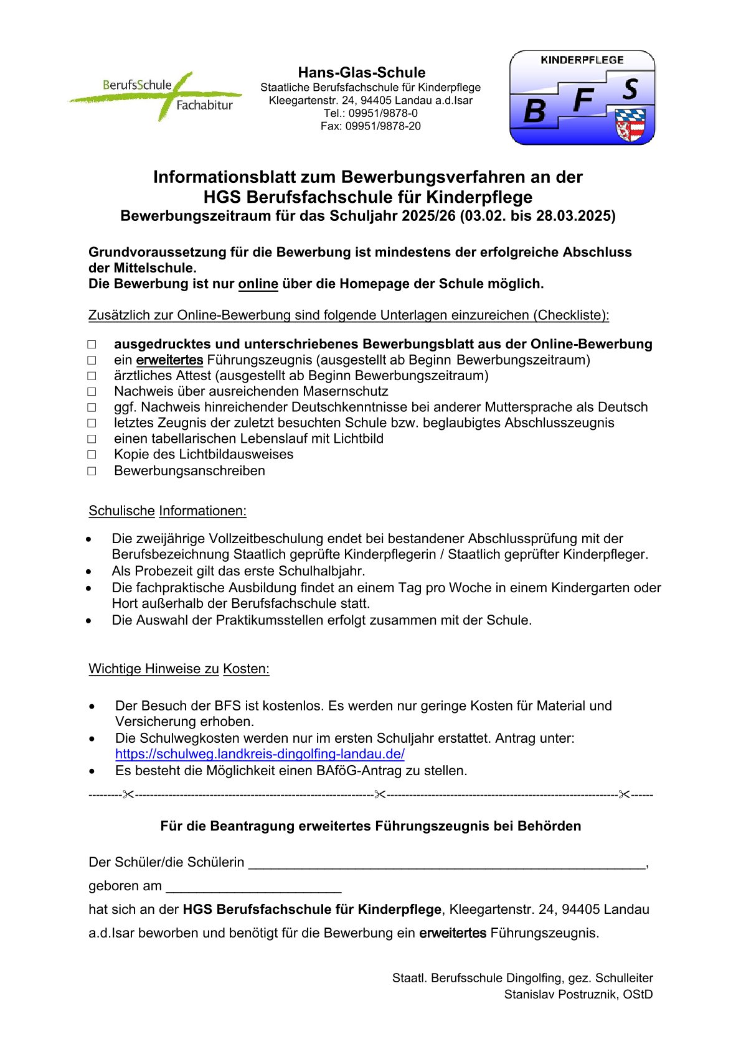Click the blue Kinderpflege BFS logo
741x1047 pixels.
pyautogui.click(x=582, y=98)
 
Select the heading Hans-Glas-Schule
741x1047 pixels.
pyautogui.click(x=362, y=72)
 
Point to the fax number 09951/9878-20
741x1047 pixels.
pyautogui.click(x=383, y=126)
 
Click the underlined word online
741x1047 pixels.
pyautogui.click(x=258, y=284)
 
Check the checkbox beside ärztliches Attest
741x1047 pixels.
pyautogui.click(x=92, y=376)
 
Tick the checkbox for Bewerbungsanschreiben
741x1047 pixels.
pyautogui.click(x=92, y=471)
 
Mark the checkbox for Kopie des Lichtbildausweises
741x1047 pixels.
pyautogui.click(x=92, y=455)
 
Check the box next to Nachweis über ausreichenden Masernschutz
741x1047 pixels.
pyautogui.click(x=92, y=392)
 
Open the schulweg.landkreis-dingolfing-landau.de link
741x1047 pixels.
pyautogui.click(x=260, y=754)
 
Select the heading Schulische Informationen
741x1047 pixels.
pyautogui.click(x=168, y=511)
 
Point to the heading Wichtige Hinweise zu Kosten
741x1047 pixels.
pyautogui.click(x=179, y=669)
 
